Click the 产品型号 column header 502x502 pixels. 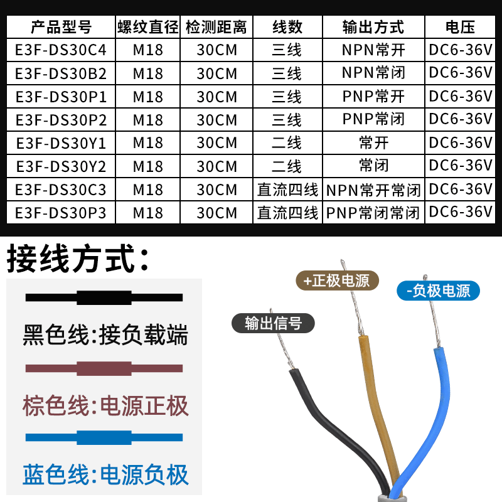pos(61,27)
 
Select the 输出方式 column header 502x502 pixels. pos(373,27)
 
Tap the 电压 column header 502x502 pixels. pos(461,27)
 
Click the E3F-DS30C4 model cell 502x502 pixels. pos(61,50)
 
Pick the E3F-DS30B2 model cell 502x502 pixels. pos(61,73)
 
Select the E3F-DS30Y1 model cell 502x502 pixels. pos(61,143)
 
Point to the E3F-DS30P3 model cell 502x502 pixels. pos(61,213)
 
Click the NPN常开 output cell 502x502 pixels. pos(373,50)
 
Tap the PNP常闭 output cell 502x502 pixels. pos(373,119)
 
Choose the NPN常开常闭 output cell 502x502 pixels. pos(373,190)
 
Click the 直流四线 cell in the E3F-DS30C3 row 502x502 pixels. pos(287,190)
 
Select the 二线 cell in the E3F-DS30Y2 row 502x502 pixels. pos(287,166)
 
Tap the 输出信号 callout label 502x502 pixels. pos(273,323)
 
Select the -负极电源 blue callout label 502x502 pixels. pos(439,291)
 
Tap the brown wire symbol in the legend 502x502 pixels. pos(104,368)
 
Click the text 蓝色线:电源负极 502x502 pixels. pos(105,475)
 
